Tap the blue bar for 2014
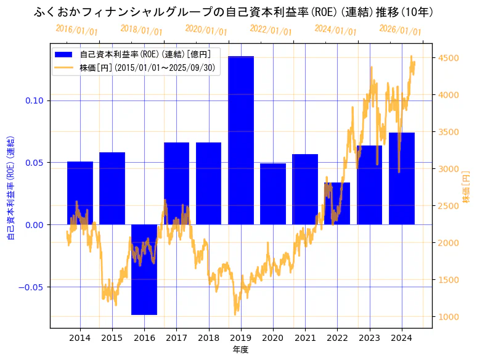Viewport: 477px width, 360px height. [80, 193]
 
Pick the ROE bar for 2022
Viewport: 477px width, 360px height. [337, 203]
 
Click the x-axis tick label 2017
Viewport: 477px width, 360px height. [176, 338]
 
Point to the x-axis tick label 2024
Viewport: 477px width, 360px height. [402, 338]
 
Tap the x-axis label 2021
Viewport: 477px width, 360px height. [305, 338]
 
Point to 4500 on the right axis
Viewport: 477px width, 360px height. [447, 58]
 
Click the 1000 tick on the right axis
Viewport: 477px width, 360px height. [447, 317]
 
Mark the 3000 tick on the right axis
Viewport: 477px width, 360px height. [447, 169]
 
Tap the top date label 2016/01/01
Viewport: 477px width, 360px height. [76, 30]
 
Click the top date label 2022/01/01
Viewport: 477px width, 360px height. [271, 30]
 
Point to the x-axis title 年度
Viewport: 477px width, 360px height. [240, 350]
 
